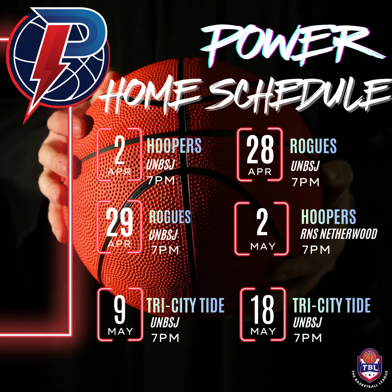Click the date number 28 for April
coord(260,150)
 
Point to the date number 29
coord(119,222)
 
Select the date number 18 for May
coord(262,309)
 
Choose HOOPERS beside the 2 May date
coord(328,216)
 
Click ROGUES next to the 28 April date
coord(313,146)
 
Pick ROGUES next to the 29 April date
coord(170,216)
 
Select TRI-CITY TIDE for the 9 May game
coord(185,305)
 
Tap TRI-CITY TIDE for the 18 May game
coord(331,305)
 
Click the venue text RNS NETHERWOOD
coord(339,234)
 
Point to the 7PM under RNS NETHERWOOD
coord(316,250)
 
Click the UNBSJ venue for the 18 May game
coord(307,322)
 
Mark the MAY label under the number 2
coord(263,246)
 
